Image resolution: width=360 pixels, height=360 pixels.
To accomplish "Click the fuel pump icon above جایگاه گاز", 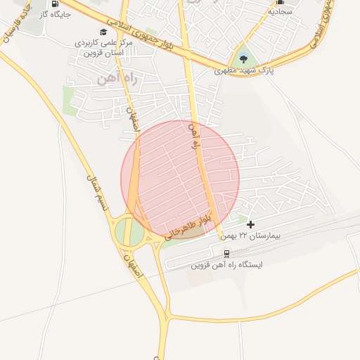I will click(x=55, y=4).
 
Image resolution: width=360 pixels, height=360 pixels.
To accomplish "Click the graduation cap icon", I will click(x=104, y=32).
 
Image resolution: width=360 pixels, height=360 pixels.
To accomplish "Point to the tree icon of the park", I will click(x=243, y=58).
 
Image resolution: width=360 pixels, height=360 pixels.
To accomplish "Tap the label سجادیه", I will click(x=280, y=12).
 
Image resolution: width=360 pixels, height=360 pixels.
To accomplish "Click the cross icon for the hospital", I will click(x=251, y=224).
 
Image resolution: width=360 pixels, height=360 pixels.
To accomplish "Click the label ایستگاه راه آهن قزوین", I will click(x=226, y=266).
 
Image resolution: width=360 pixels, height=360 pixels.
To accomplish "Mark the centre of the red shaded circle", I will click(x=180, y=179).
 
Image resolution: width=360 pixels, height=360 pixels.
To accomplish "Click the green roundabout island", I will click(x=129, y=232).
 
